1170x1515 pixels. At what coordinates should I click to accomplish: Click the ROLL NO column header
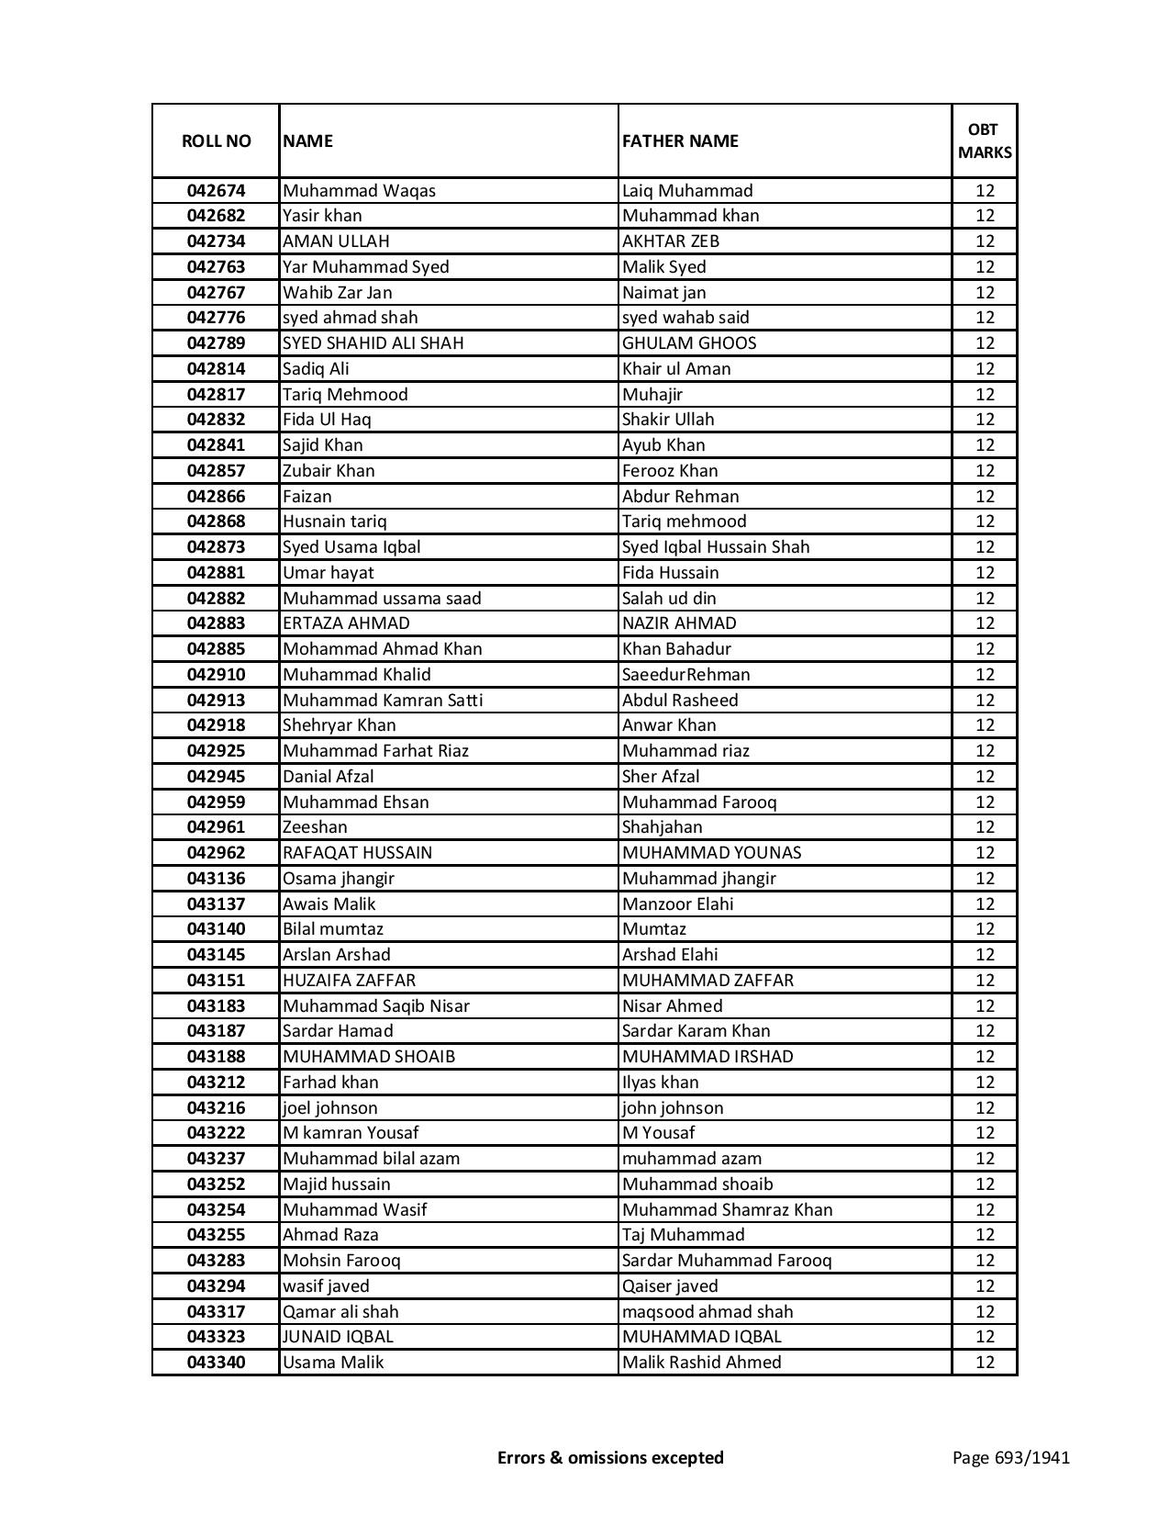(x=216, y=140)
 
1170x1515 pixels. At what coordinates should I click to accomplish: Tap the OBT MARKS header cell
(x=985, y=140)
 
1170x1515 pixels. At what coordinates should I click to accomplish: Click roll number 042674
(x=216, y=191)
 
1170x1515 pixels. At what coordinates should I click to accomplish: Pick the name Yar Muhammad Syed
(x=366, y=267)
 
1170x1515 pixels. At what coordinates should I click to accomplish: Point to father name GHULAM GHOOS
(x=689, y=343)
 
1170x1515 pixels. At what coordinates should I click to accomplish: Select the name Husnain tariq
(x=335, y=522)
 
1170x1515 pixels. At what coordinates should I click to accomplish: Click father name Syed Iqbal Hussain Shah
(x=716, y=547)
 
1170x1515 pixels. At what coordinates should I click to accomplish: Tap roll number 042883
(x=216, y=623)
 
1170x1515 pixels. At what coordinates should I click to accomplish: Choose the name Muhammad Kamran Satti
(x=383, y=700)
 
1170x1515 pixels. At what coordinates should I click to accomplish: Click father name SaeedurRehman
(x=685, y=675)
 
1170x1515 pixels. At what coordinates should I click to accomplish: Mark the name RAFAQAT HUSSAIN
(x=357, y=853)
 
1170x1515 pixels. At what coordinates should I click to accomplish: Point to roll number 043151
(x=216, y=981)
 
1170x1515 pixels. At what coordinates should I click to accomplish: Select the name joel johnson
(x=330, y=1108)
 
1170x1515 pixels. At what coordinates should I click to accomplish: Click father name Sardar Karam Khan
(x=696, y=1031)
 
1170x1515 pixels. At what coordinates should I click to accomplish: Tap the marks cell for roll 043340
(x=985, y=1363)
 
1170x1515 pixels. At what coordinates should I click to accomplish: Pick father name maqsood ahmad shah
(x=708, y=1312)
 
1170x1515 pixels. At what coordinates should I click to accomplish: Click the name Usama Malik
(x=333, y=1363)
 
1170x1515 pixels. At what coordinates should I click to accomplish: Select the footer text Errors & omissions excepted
(x=610, y=1457)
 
